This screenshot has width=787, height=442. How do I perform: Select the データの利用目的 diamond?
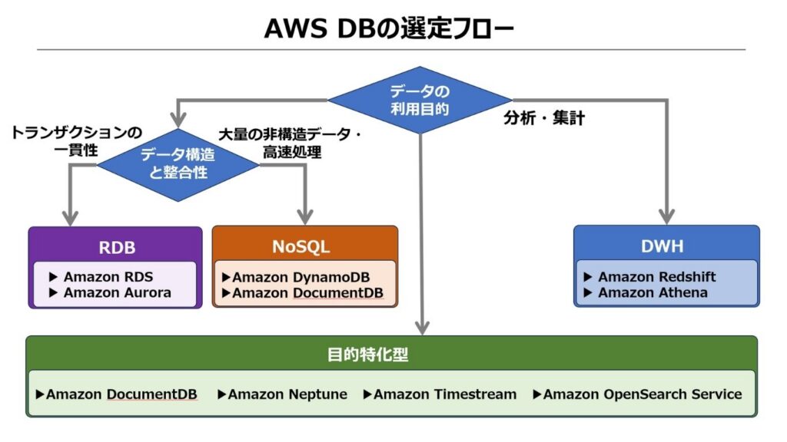tap(420, 100)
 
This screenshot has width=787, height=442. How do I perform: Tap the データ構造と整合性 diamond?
tap(178, 163)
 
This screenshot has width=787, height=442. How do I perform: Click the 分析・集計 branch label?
tap(544, 119)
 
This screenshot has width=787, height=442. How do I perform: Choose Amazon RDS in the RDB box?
tap(108, 277)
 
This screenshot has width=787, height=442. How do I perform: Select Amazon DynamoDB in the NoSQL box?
tap(307, 277)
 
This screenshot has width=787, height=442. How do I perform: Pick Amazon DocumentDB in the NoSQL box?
tap(307, 292)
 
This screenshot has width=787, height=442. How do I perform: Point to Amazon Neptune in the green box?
tap(287, 394)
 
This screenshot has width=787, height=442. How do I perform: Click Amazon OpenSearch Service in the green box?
tap(642, 394)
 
